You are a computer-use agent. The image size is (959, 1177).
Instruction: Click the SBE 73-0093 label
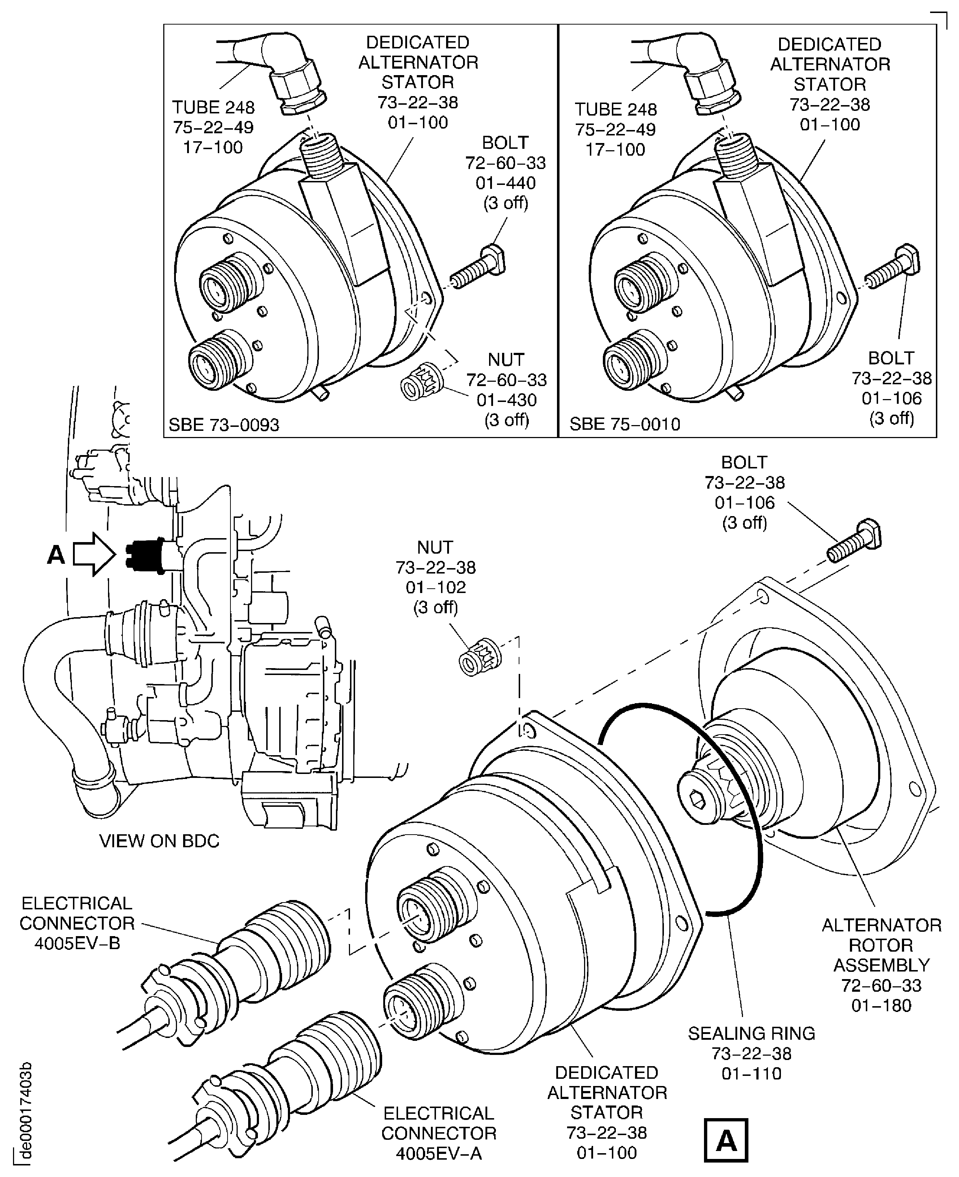(x=224, y=425)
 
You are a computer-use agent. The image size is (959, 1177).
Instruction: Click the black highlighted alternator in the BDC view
(x=145, y=555)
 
